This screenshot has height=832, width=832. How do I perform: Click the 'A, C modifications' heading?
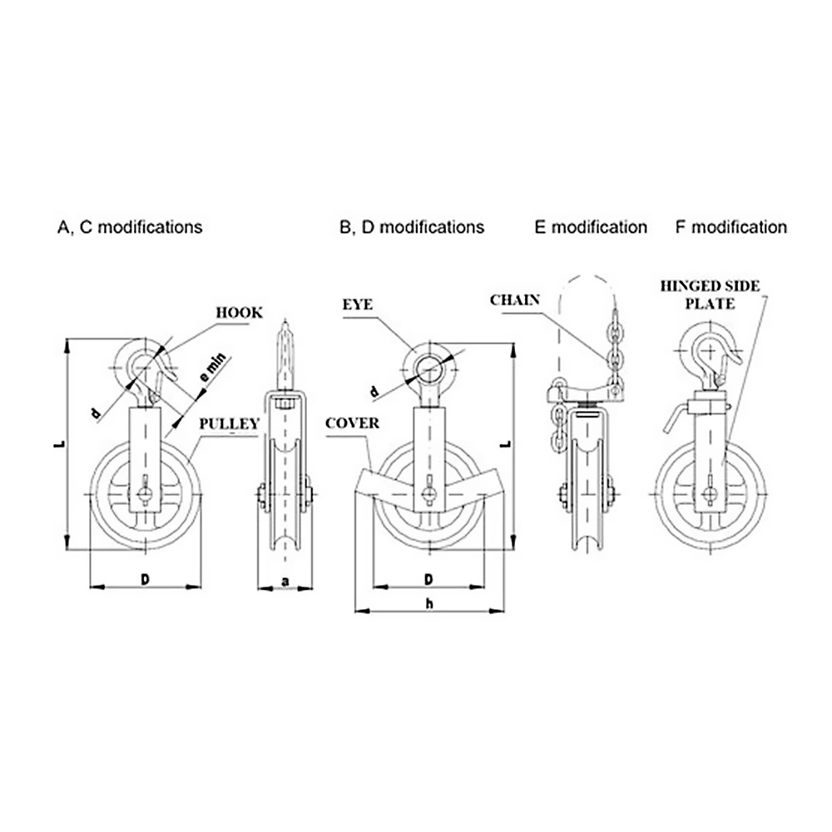coord(130,227)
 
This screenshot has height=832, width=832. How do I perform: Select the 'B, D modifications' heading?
coord(412,227)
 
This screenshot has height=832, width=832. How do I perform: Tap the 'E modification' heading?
coord(591,227)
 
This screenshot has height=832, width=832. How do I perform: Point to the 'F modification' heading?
coord(731,227)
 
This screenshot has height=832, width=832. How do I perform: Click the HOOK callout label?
coord(239,313)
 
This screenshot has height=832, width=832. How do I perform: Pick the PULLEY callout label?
coord(230,423)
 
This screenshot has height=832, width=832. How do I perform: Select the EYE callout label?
coord(358,305)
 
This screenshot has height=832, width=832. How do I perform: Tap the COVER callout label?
coord(352,423)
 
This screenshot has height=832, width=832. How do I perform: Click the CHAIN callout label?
coord(515,300)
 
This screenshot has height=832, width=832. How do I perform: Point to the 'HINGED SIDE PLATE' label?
coord(710,295)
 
